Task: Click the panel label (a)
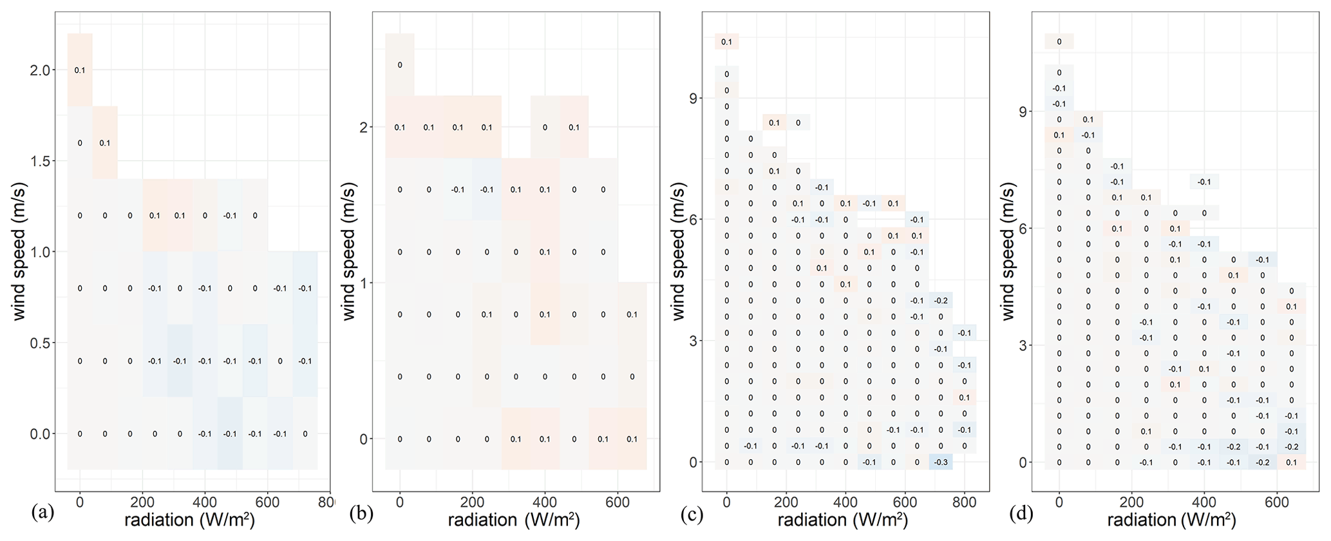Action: [42, 513]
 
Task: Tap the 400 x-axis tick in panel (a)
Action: [205, 502]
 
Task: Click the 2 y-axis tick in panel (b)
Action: [364, 128]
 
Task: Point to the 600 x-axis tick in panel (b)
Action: [617, 502]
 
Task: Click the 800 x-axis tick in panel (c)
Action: [964, 502]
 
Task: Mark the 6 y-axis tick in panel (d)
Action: [1025, 229]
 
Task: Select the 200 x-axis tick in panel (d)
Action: [1131, 502]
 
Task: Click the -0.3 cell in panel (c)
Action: [941, 462]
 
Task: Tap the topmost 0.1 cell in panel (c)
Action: [726, 42]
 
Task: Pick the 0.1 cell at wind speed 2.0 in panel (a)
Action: [80, 70]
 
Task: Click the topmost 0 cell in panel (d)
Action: [1059, 42]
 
